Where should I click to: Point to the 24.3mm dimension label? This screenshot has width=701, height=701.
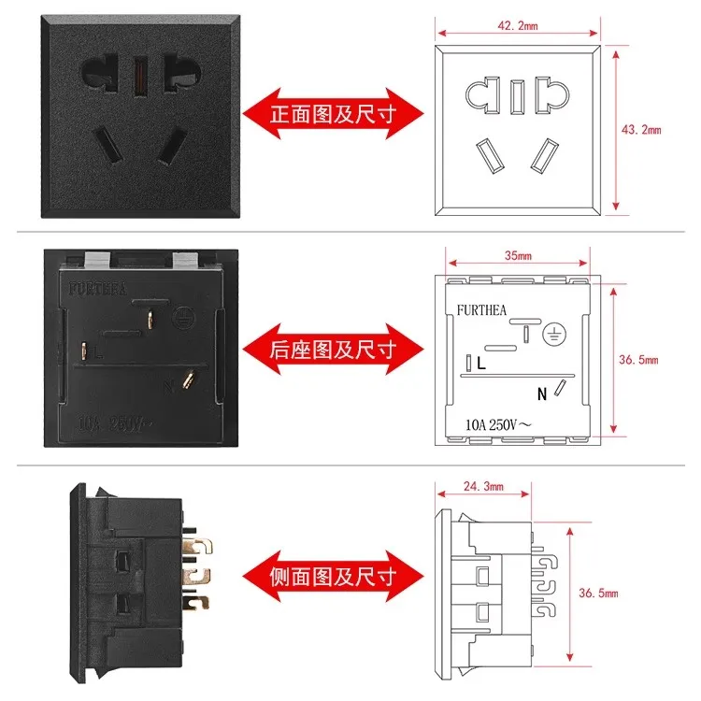[483, 486]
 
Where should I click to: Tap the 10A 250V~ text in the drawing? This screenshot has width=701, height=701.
[499, 423]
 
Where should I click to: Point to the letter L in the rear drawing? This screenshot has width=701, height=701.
[480, 363]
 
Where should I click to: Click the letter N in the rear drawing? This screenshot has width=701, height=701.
[541, 393]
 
